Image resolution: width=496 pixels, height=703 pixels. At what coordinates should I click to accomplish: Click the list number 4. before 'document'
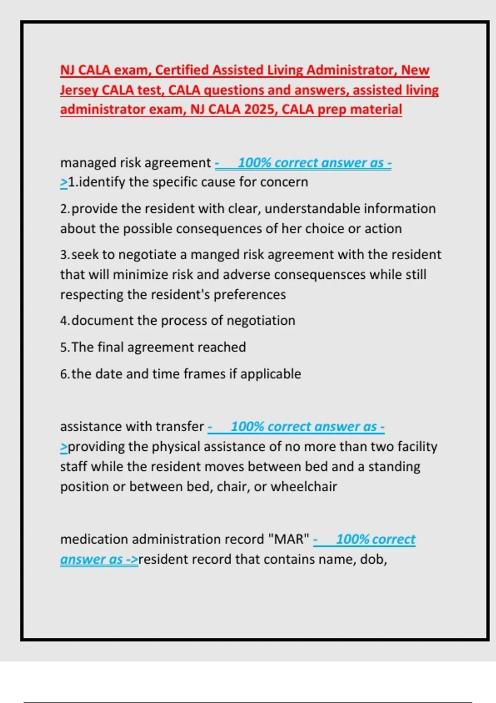(64, 321)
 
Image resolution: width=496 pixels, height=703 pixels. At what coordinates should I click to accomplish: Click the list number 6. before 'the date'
(64, 374)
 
